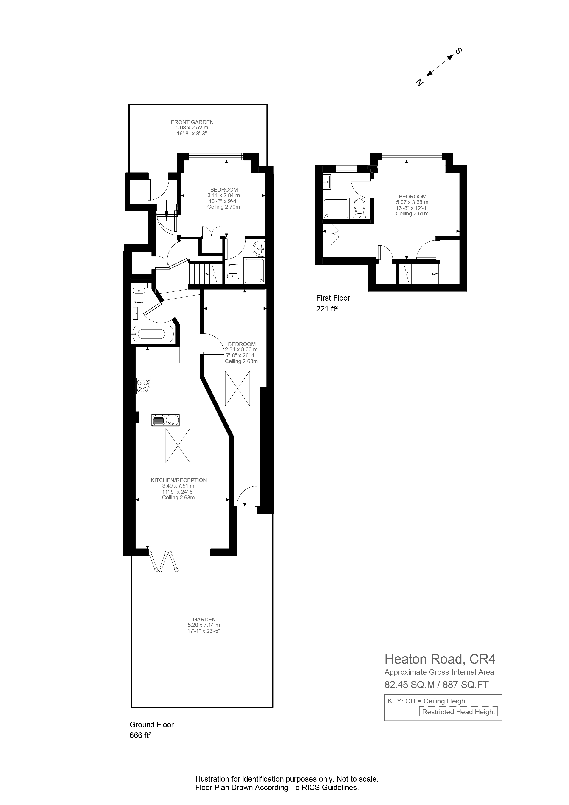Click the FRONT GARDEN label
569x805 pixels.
(x=192, y=122)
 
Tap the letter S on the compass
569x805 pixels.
(x=458, y=51)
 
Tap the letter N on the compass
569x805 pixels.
(x=419, y=82)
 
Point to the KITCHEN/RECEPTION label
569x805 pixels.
(x=179, y=480)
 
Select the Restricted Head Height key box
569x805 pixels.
(x=459, y=712)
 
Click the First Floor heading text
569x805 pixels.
(x=333, y=298)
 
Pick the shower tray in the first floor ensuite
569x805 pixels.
(x=336, y=209)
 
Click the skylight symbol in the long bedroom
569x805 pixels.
(x=237, y=389)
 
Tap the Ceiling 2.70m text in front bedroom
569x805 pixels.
(x=224, y=207)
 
